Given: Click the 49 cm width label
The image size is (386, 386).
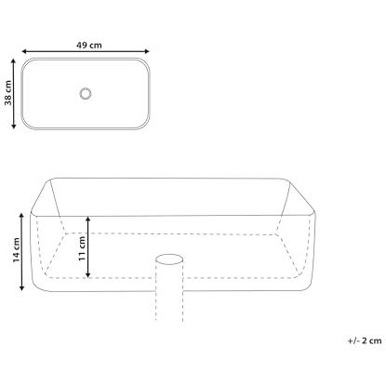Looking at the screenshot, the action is tap(89, 46).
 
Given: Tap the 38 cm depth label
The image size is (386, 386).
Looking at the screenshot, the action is tap(8, 93).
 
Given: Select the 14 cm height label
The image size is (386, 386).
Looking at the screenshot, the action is tap(17, 250).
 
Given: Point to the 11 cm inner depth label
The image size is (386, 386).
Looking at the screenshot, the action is tap(82, 248).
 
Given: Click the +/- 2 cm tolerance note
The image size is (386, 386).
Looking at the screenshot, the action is tap(365, 340).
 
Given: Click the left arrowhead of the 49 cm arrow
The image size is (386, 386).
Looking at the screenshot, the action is tap(24, 51).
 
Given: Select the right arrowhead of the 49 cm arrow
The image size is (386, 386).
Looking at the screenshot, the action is tap(147, 51).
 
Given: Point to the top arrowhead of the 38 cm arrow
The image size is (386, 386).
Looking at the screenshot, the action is tap(13, 61).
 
